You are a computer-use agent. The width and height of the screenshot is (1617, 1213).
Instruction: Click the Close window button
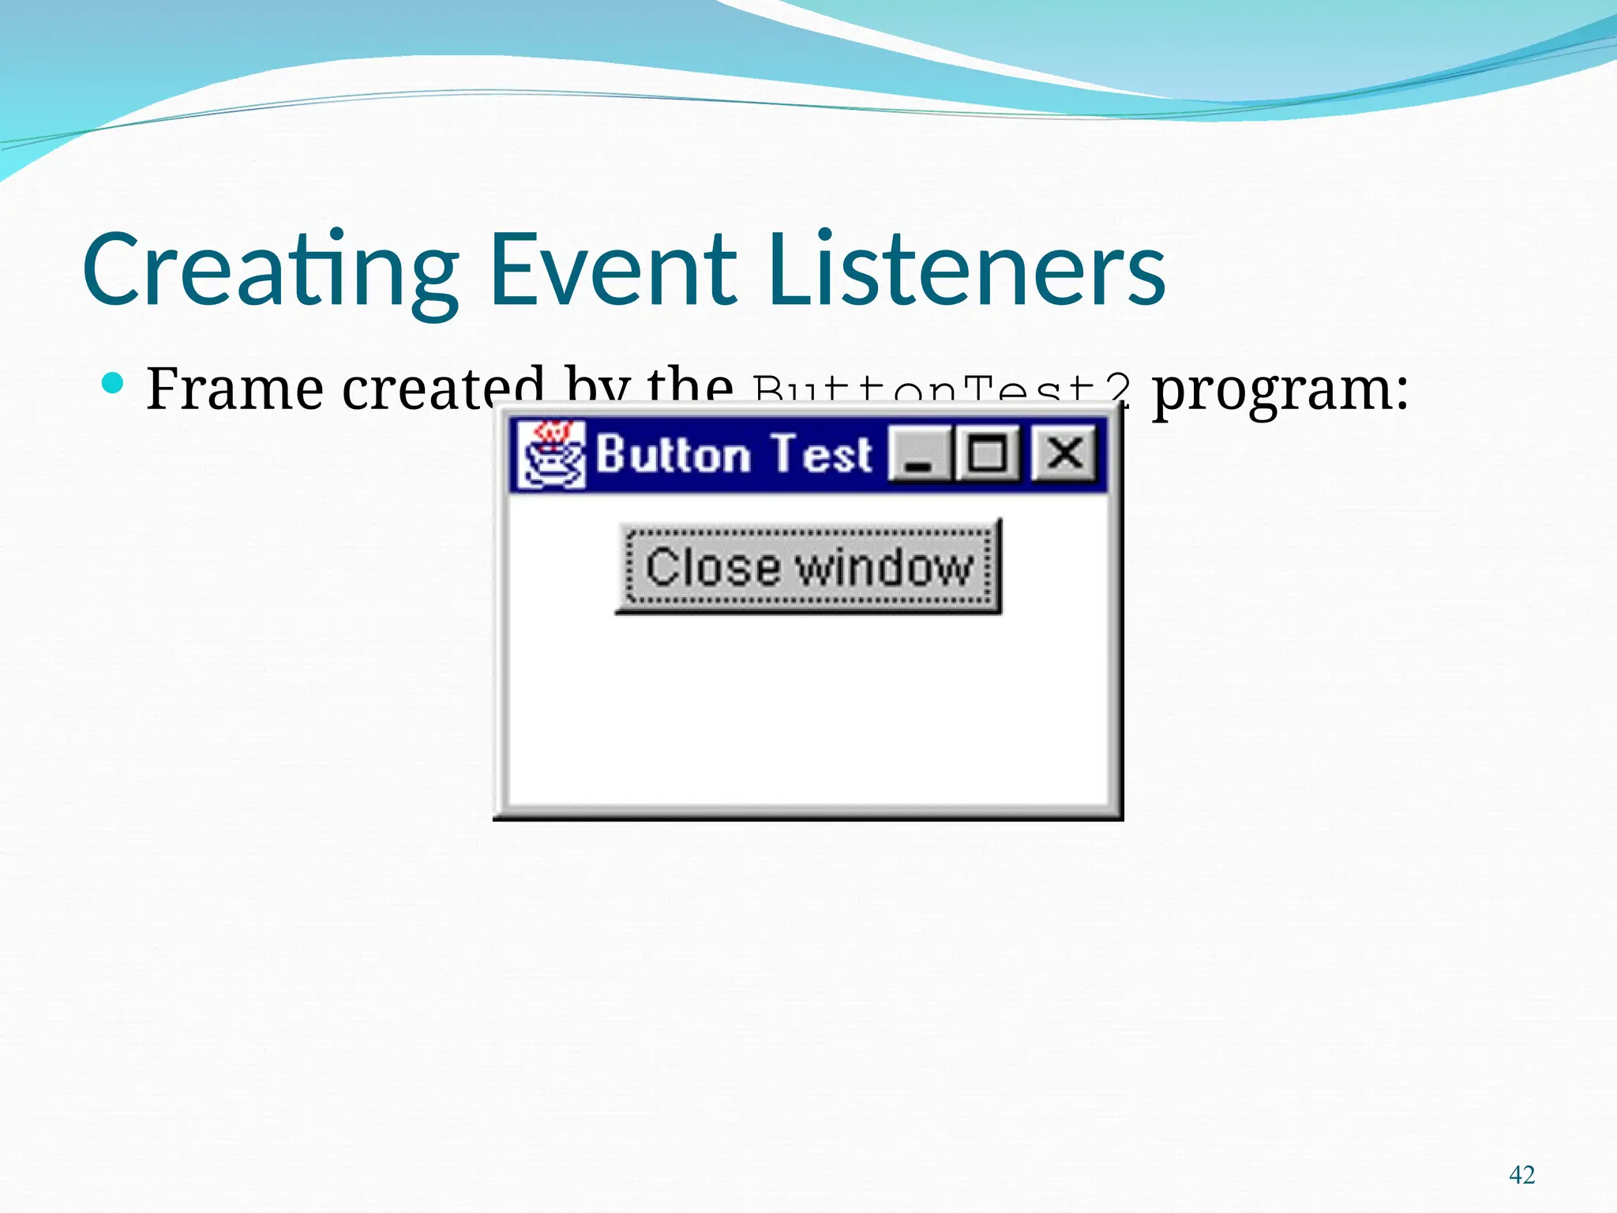click(x=808, y=567)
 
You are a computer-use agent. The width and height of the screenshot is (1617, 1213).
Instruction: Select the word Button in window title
click(x=672, y=455)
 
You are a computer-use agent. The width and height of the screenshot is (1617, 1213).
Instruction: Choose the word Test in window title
click(x=821, y=455)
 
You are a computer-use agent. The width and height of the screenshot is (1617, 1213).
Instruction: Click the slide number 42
click(x=1521, y=1175)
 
